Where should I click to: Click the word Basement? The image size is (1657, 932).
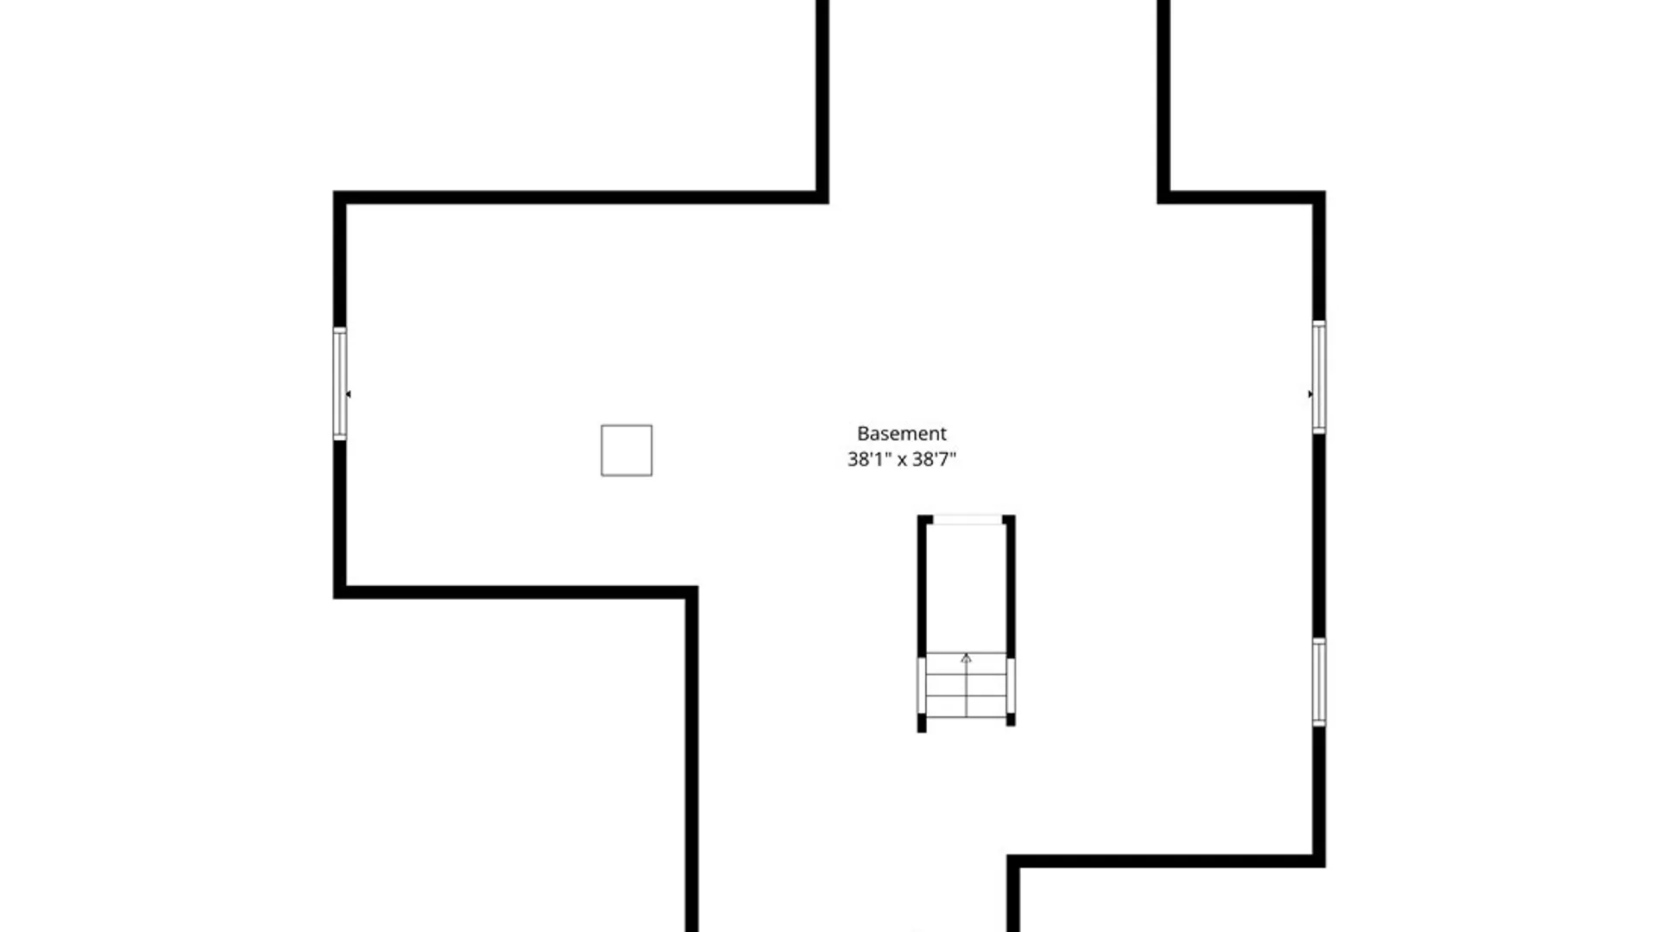click(x=901, y=433)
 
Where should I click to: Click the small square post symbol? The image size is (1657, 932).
click(x=627, y=450)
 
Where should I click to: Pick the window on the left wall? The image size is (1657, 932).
click(x=340, y=384)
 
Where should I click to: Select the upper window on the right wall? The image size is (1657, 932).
click(x=1319, y=377)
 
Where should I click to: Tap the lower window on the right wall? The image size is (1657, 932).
click(x=1319, y=682)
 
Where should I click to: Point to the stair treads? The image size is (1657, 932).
click(x=966, y=685)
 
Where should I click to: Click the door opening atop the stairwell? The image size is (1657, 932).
click(x=967, y=520)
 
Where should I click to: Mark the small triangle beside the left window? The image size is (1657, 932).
click(x=349, y=394)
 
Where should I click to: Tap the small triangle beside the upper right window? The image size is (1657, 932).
click(x=1310, y=394)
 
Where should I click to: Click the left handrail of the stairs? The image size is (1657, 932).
click(x=922, y=686)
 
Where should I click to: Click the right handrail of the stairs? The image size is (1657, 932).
click(x=1011, y=686)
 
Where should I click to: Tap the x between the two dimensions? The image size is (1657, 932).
click(x=902, y=460)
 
